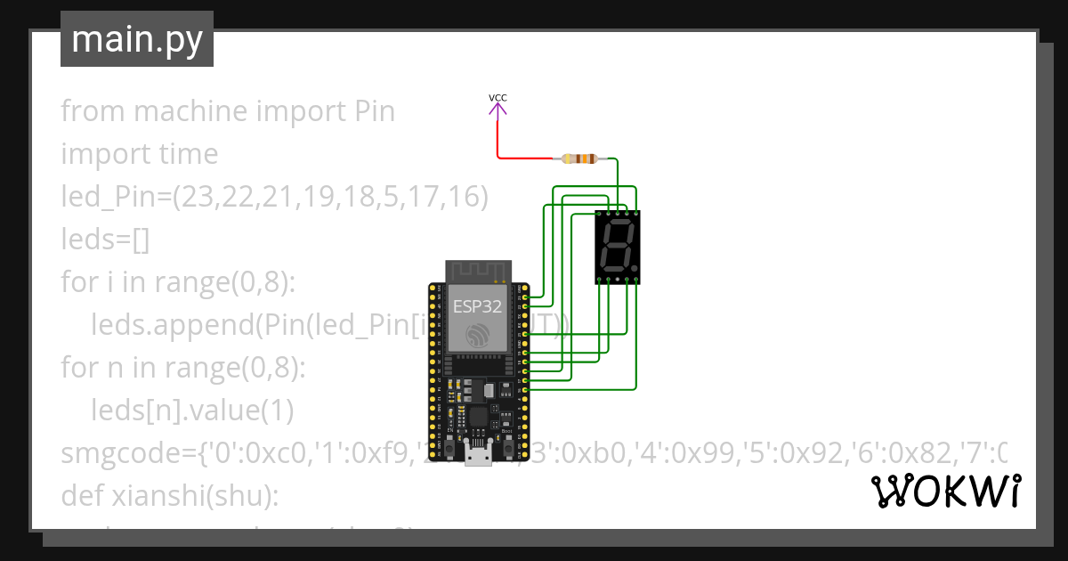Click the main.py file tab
coord(136,39)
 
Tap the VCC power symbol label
coord(498,97)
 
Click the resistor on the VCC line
coord(581,159)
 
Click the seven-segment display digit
coord(617,247)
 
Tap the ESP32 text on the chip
coord(477,307)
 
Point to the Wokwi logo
coord(945,492)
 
